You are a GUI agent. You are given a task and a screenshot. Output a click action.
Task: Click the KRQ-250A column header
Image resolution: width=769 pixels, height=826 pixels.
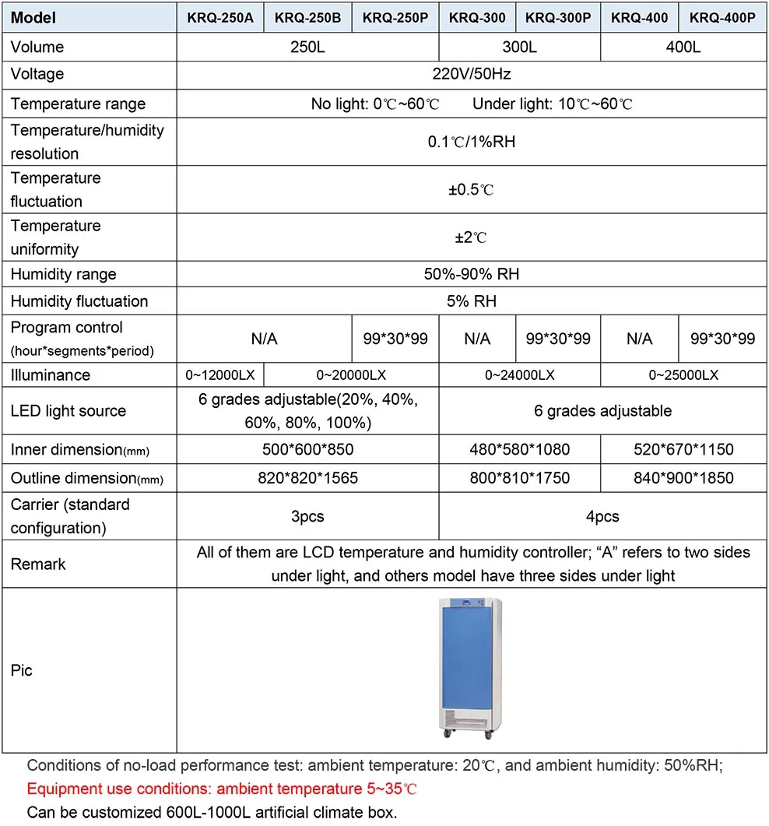pyautogui.click(x=221, y=18)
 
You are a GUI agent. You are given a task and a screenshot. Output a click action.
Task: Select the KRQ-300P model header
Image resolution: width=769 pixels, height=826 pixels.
pyautogui.click(x=557, y=18)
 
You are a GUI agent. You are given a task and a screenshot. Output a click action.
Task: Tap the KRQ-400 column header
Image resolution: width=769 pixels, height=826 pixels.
pyautogui.click(x=639, y=18)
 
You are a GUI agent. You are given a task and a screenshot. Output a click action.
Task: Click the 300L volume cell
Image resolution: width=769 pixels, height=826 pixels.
pyautogui.click(x=519, y=47)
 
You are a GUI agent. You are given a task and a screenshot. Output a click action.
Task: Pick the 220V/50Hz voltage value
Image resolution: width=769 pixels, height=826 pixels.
pyautogui.click(x=472, y=75)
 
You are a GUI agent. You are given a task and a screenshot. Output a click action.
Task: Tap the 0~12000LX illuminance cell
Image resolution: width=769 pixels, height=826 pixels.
pyautogui.click(x=221, y=375)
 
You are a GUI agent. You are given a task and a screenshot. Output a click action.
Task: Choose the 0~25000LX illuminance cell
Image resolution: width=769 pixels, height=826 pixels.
pyautogui.click(x=683, y=375)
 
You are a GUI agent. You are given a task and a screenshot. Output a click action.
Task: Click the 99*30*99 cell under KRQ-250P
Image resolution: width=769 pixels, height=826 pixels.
pyautogui.click(x=395, y=339)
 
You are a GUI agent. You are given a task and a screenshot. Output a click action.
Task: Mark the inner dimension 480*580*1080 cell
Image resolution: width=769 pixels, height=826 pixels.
pyautogui.click(x=519, y=449)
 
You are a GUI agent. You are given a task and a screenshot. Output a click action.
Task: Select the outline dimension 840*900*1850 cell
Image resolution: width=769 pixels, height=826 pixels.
pyautogui.click(x=683, y=477)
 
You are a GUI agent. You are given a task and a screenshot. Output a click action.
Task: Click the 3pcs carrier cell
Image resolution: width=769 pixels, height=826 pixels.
pyautogui.click(x=307, y=516)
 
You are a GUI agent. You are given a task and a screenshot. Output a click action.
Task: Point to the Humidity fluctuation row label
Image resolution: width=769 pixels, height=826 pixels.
pyautogui.click(x=79, y=301)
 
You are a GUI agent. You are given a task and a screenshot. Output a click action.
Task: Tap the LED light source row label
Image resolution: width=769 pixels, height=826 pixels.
pyautogui.click(x=68, y=411)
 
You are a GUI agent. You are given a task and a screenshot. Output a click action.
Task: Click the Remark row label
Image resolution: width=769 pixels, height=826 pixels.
pyautogui.click(x=38, y=564)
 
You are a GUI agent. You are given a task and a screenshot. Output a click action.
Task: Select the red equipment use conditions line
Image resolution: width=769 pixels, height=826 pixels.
pyautogui.click(x=223, y=789)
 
